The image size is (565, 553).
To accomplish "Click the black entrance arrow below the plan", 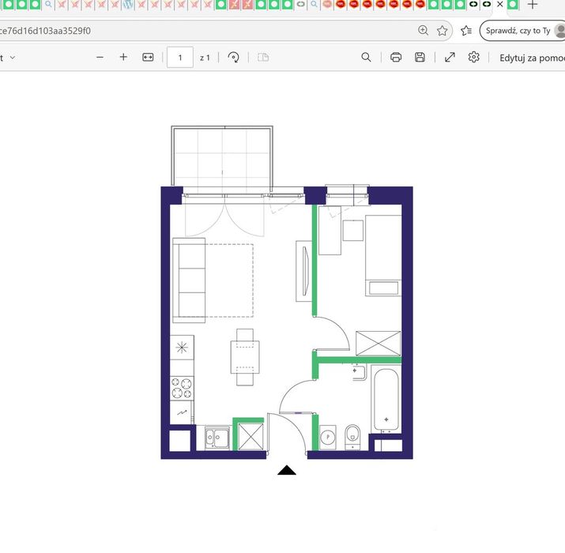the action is (287, 470).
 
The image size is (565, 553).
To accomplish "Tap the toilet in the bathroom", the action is (352, 437).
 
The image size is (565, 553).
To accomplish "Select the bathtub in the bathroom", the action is (386, 400).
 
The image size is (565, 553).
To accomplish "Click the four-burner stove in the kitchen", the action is (182, 389).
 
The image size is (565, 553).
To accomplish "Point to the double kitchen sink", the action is (217, 438).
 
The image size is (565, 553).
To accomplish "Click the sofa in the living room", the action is (189, 280).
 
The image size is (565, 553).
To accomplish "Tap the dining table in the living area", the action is (245, 357).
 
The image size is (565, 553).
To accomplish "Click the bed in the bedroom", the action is (383, 255).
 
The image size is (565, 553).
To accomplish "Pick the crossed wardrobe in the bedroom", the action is (379, 344).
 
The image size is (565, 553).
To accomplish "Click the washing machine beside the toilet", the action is (327, 438).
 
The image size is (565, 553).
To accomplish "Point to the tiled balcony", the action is (222, 156).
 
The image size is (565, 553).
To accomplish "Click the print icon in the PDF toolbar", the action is (396, 58).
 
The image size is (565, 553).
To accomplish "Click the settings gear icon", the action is (474, 57).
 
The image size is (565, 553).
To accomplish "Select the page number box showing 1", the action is (180, 58).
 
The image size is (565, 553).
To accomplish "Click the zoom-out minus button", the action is (100, 58).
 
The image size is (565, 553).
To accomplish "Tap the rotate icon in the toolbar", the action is (233, 58).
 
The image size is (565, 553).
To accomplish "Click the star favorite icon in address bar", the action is (443, 31).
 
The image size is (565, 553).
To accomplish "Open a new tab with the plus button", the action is (533, 5).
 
